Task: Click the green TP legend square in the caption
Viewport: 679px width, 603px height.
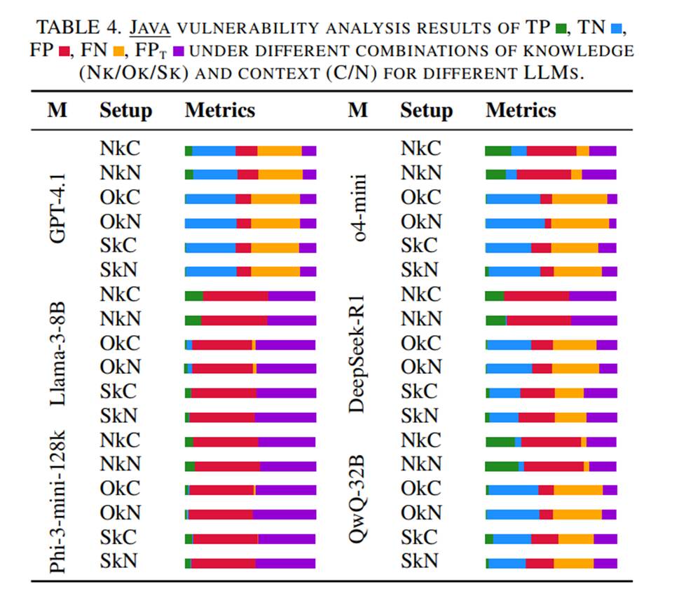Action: coord(561,29)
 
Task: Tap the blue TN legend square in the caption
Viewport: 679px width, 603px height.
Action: coord(616,29)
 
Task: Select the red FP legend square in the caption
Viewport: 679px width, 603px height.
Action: coord(64,51)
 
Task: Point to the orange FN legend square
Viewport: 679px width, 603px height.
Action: coord(118,51)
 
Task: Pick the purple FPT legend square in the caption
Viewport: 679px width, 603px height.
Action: coord(179,51)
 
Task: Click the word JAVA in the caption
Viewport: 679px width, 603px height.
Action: coord(150,28)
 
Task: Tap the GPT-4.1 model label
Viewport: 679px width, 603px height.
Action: coord(57,208)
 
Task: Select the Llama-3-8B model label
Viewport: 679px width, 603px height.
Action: coord(57,354)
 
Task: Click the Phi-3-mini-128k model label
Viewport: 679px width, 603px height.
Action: coord(57,501)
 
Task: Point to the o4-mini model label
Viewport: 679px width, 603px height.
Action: coord(358,208)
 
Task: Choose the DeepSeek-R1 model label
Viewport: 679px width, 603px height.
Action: coord(357,354)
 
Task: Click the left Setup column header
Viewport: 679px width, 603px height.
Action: coord(126,111)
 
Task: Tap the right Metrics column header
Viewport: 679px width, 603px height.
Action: coord(521,110)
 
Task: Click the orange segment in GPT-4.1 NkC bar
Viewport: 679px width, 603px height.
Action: coord(280,151)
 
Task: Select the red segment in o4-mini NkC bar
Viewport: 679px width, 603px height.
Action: coord(551,151)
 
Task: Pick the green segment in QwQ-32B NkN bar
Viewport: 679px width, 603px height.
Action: coord(502,466)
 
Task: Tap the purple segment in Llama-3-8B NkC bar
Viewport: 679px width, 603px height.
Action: coord(292,296)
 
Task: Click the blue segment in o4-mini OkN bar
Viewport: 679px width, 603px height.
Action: coord(515,224)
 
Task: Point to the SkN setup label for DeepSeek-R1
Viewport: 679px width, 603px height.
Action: coord(420,416)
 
